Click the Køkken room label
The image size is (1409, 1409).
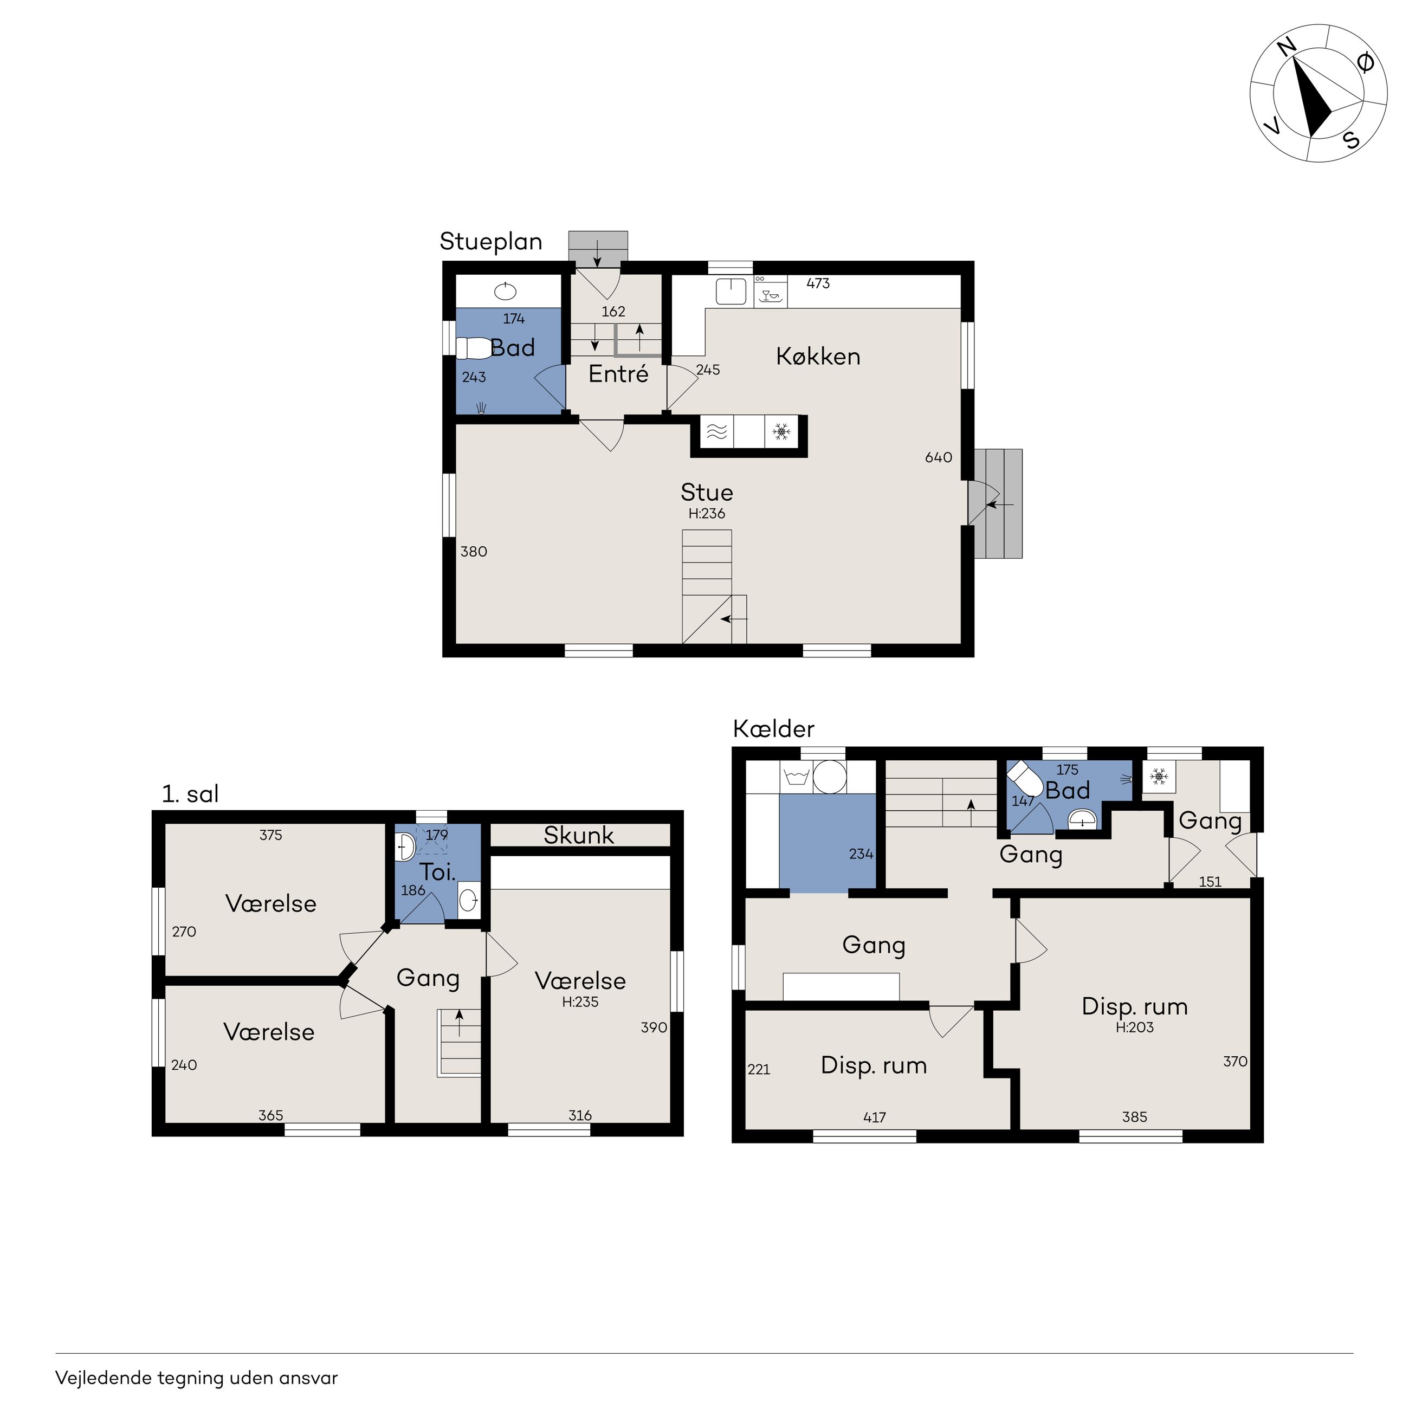(x=818, y=356)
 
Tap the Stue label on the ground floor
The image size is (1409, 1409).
(x=707, y=492)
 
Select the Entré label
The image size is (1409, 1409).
(x=618, y=373)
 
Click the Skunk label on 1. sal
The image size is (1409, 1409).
(x=579, y=835)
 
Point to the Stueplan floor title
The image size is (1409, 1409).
(x=491, y=241)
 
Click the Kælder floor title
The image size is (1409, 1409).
(x=774, y=728)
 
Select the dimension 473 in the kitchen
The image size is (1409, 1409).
(x=818, y=283)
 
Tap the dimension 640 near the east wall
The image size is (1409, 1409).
(x=939, y=457)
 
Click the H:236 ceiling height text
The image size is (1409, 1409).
(x=707, y=513)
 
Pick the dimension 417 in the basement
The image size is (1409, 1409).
(x=875, y=1117)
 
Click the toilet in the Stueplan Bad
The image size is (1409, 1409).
(x=474, y=348)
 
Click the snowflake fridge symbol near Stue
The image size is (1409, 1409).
(x=782, y=432)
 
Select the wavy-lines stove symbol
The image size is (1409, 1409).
(x=717, y=432)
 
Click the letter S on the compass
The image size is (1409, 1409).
(x=1352, y=140)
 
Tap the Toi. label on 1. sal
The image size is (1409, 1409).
(x=437, y=872)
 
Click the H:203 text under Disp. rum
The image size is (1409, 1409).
(x=1135, y=1027)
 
